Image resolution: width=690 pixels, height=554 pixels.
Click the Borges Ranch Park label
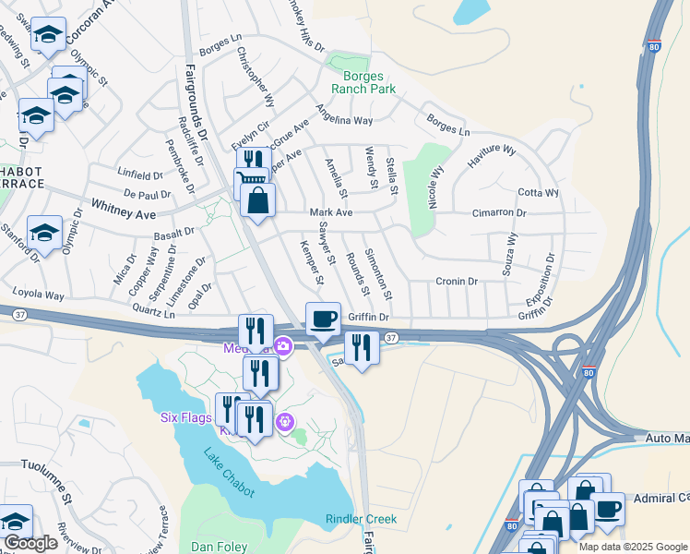pyautogui.click(x=369, y=82)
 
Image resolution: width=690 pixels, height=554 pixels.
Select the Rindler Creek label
pyautogui.click(x=361, y=519)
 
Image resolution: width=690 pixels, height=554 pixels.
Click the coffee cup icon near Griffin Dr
pyautogui.click(x=323, y=319)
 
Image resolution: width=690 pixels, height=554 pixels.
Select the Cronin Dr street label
pyautogui.click(x=457, y=282)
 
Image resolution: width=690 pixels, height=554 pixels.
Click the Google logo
pyautogui.click(x=30, y=543)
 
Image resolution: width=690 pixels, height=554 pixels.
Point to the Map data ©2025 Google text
pyautogui.click(x=633, y=547)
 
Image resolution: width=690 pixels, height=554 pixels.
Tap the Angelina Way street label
pyautogui.click(x=344, y=114)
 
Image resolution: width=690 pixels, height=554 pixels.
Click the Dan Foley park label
pyautogui.click(x=219, y=547)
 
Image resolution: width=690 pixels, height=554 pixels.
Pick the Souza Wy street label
pyautogui.click(x=510, y=251)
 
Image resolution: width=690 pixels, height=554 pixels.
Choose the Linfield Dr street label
pyautogui.click(x=138, y=173)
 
